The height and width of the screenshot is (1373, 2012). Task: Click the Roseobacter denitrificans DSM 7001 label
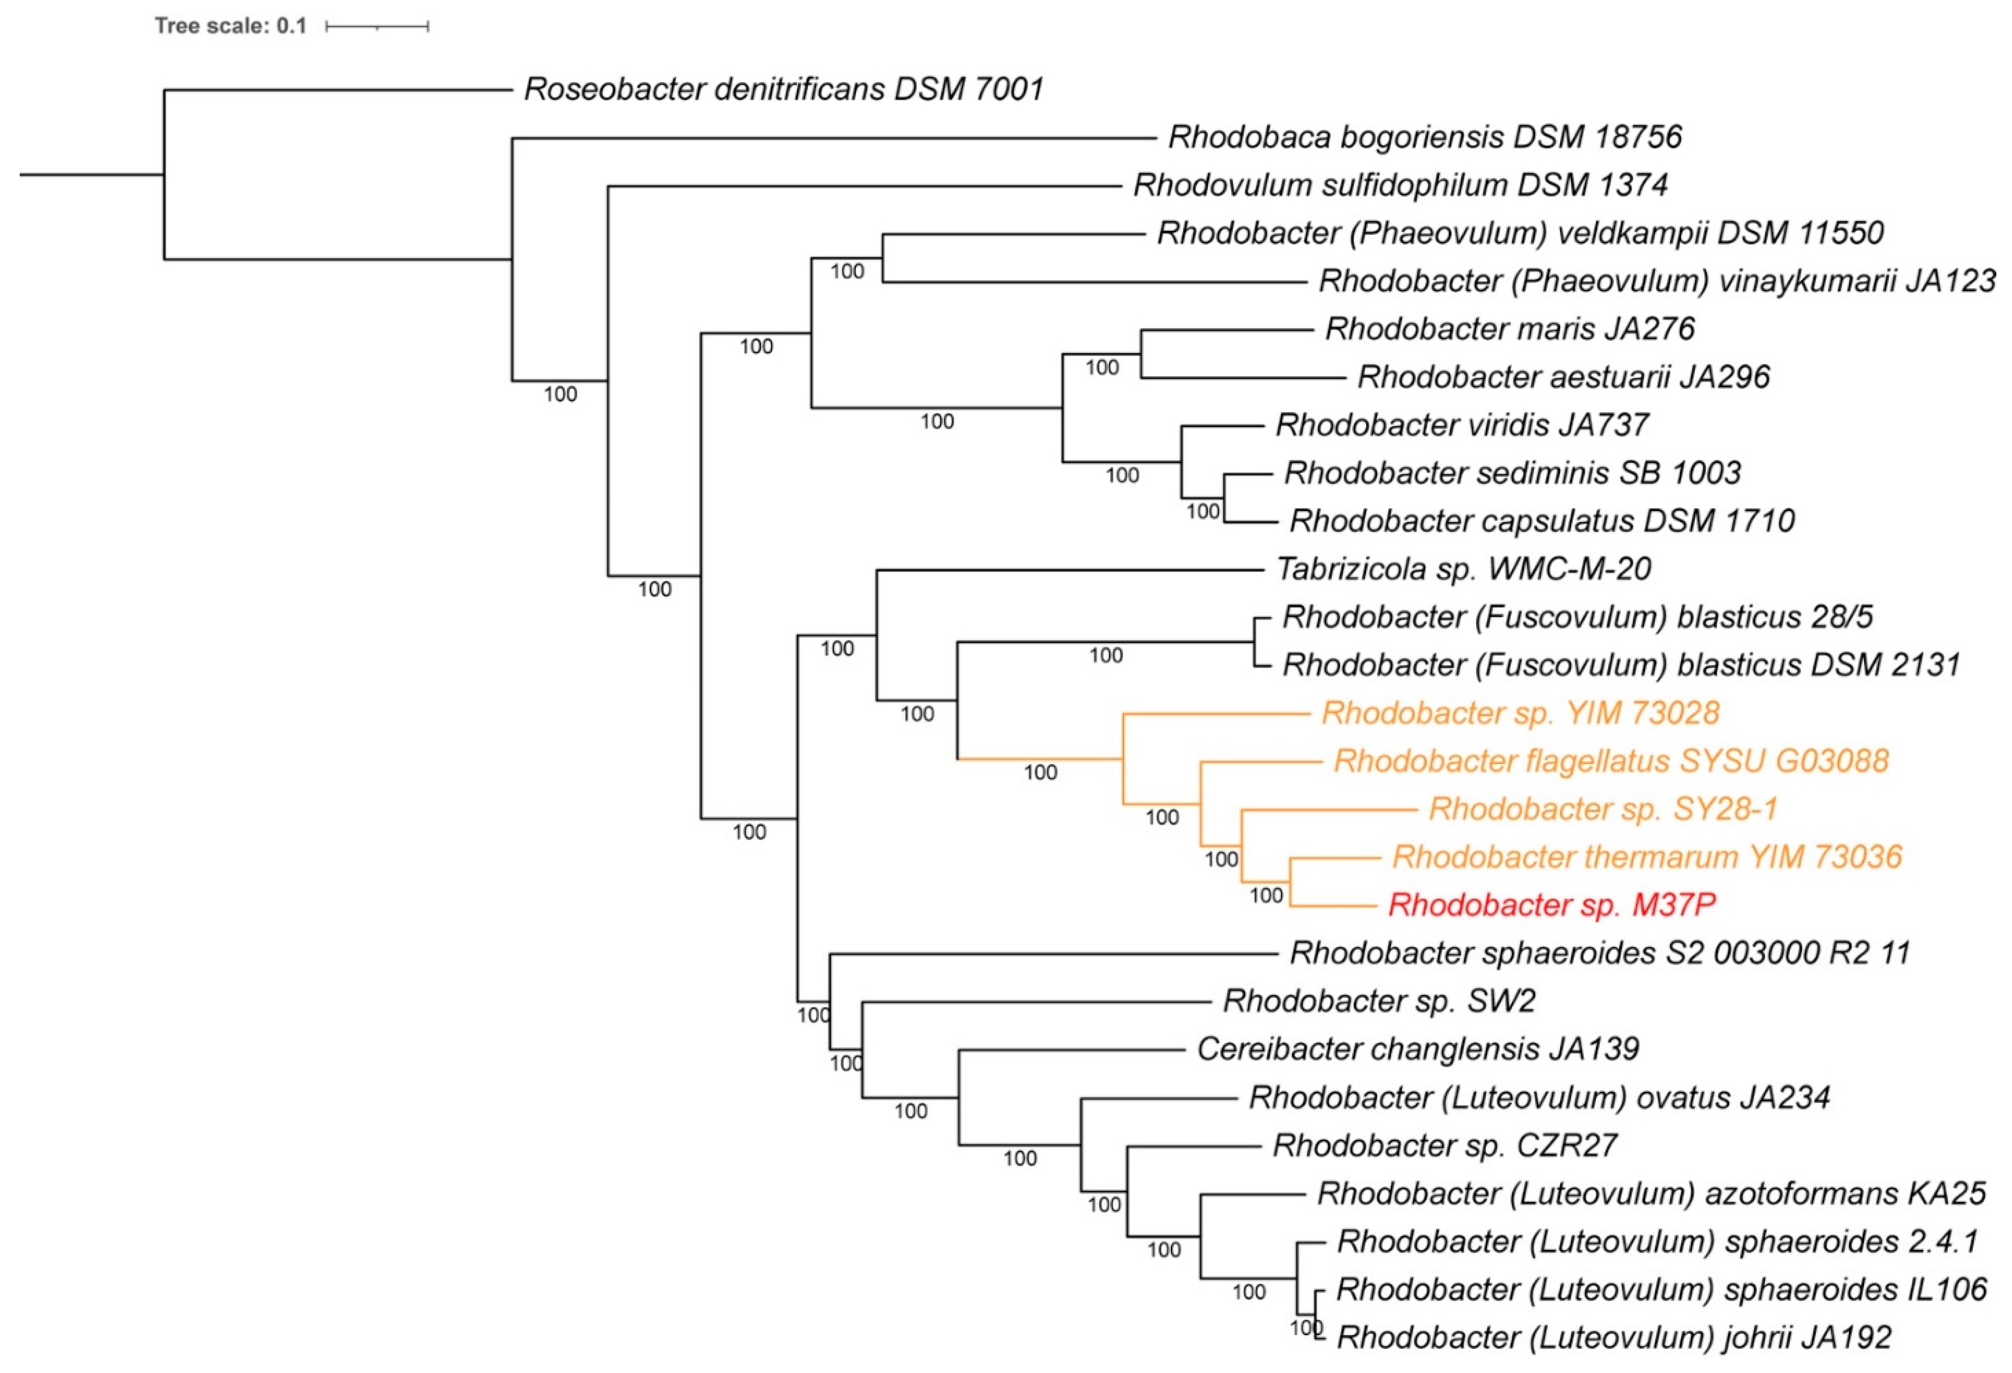pyautogui.click(x=783, y=89)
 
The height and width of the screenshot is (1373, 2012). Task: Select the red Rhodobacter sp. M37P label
pyautogui.click(x=1551, y=905)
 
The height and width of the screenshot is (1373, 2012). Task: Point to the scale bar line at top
pyautogui.click(x=377, y=27)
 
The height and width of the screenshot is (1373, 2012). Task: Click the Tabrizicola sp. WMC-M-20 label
pyautogui.click(x=1463, y=569)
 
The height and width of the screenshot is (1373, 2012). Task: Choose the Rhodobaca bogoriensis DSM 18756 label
pyautogui.click(x=1424, y=137)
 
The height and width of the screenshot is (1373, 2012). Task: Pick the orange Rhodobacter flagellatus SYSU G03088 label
pyautogui.click(x=1611, y=761)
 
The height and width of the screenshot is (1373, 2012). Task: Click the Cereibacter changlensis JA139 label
pyautogui.click(x=1417, y=1049)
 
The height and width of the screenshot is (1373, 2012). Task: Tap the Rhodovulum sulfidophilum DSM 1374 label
pyautogui.click(x=1400, y=185)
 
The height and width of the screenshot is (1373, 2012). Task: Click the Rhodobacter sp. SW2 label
pyautogui.click(x=1378, y=1002)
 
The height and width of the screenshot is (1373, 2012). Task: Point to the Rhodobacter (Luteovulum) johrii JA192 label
pyautogui.click(x=1614, y=1338)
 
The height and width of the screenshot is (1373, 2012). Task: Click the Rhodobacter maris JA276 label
pyautogui.click(x=1509, y=329)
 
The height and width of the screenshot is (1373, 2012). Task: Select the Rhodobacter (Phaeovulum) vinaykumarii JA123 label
pyautogui.click(x=1656, y=281)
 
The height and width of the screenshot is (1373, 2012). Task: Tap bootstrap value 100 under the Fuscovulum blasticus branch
pyautogui.click(x=1105, y=655)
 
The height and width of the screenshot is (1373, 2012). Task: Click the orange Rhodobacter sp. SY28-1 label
pyautogui.click(x=1602, y=808)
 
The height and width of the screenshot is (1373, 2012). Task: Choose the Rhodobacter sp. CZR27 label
pyautogui.click(x=1444, y=1145)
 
